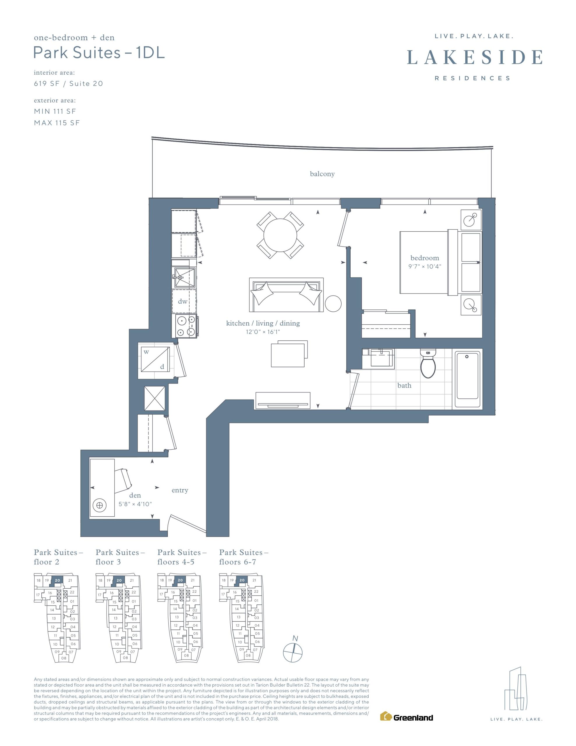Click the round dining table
click(x=280, y=235)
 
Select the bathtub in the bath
click(x=467, y=378)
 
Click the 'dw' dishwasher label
click(x=183, y=301)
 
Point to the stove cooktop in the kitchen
click(x=185, y=326)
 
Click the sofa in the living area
click(x=287, y=294)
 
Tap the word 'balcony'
click(x=322, y=174)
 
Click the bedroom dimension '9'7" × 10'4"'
click(x=425, y=266)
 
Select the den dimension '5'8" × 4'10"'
click(x=135, y=504)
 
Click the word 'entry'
click(x=180, y=490)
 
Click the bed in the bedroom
click(x=428, y=262)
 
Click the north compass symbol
click(x=293, y=649)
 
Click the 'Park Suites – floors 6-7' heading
click(x=243, y=557)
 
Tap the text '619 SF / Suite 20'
click(x=68, y=84)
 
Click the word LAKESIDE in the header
click(x=475, y=57)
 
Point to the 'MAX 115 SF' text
click(x=57, y=123)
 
